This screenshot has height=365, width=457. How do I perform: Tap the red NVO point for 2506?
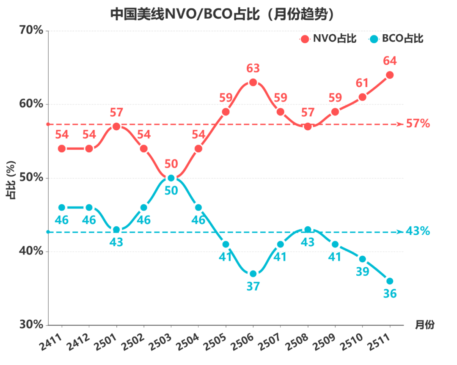click(253, 82)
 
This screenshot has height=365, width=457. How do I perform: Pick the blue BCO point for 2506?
click(253, 274)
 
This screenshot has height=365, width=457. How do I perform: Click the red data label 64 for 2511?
click(390, 61)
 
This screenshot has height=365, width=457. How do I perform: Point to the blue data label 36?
click(390, 294)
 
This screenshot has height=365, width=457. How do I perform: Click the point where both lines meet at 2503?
click(171, 178)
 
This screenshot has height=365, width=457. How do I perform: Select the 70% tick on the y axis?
click(32, 30)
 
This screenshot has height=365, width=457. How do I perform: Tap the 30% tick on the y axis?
click(32, 325)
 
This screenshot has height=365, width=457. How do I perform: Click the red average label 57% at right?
click(418, 124)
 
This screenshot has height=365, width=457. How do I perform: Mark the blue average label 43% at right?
click(418, 231)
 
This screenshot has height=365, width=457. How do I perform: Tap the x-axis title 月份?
click(424, 325)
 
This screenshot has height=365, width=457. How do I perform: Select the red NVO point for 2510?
click(362, 97)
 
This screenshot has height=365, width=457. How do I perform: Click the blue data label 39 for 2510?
click(362, 272)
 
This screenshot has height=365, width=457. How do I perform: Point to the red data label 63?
click(253, 69)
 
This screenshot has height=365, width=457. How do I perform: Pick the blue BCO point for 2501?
click(116, 230)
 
